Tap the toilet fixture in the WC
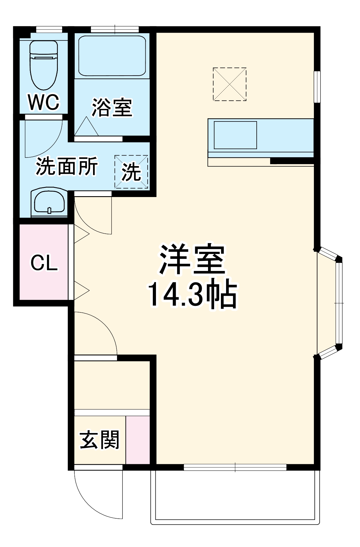coord(44,65)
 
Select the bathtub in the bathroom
coord(112,56)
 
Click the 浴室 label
coord(112,108)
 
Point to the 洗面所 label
coord(67,166)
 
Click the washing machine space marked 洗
coord(131,172)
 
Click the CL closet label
coord(44,263)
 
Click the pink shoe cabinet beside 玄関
coord(138,440)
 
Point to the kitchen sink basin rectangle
coord(235,135)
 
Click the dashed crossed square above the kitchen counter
coord(230,84)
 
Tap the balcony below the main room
coord(235,497)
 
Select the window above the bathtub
coord(115,29)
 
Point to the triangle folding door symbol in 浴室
coord(86,126)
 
